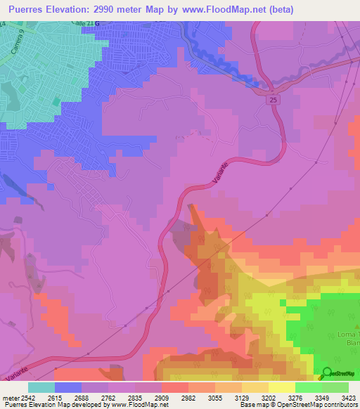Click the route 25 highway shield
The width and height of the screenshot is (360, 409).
[271, 102]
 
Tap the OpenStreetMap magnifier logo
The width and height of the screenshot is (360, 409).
[326, 372]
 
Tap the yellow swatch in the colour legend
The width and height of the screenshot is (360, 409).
[282, 387]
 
